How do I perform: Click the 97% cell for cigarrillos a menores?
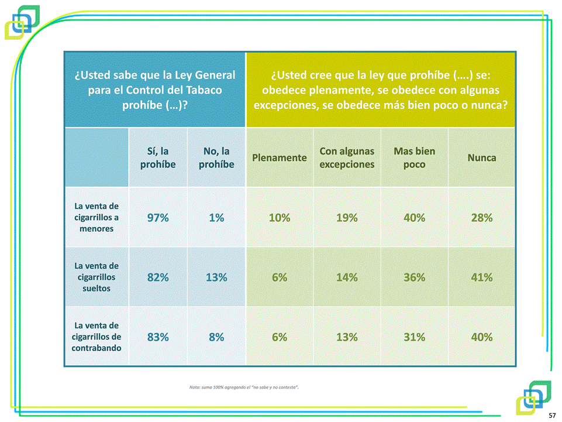click(158, 218)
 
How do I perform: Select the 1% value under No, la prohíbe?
click(216, 218)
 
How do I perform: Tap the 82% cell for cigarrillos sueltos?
click(158, 277)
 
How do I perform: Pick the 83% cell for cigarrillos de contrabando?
click(158, 337)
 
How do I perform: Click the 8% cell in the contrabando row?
click(216, 337)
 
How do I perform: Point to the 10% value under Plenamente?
click(280, 218)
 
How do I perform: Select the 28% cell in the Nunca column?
click(482, 218)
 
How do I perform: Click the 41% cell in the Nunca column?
click(482, 277)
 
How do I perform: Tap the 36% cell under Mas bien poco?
click(414, 277)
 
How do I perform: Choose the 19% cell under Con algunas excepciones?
click(347, 218)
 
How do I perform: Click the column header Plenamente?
click(280, 158)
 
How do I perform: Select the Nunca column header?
click(482, 158)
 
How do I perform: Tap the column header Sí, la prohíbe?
click(158, 157)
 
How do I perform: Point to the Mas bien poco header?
click(414, 157)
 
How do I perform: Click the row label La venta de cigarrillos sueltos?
click(97, 277)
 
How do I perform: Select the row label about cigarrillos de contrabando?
click(97, 337)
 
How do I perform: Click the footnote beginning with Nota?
click(245, 387)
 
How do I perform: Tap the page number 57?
click(552, 414)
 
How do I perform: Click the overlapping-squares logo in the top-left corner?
click(22, 22)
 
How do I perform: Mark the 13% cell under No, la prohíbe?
click(216, 277)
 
